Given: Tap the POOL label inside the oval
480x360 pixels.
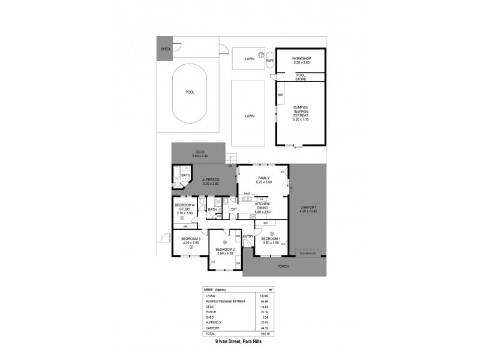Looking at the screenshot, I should (x=190, y=92).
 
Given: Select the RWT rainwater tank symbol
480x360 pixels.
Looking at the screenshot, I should (x=269, y=61).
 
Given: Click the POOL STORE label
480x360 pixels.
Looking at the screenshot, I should (x=300, y=77).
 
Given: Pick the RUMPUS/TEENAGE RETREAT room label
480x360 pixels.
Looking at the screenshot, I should (x=300, y=112).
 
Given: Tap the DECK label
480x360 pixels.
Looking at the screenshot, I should (x=199, y=152).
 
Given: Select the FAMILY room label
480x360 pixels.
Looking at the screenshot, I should (x=263, y=178).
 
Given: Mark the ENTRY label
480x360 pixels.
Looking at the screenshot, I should (x=248, y=236).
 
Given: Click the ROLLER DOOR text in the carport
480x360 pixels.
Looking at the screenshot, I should (x=309, y=252).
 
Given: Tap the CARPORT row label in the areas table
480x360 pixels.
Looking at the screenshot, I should (x=213, y=328).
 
